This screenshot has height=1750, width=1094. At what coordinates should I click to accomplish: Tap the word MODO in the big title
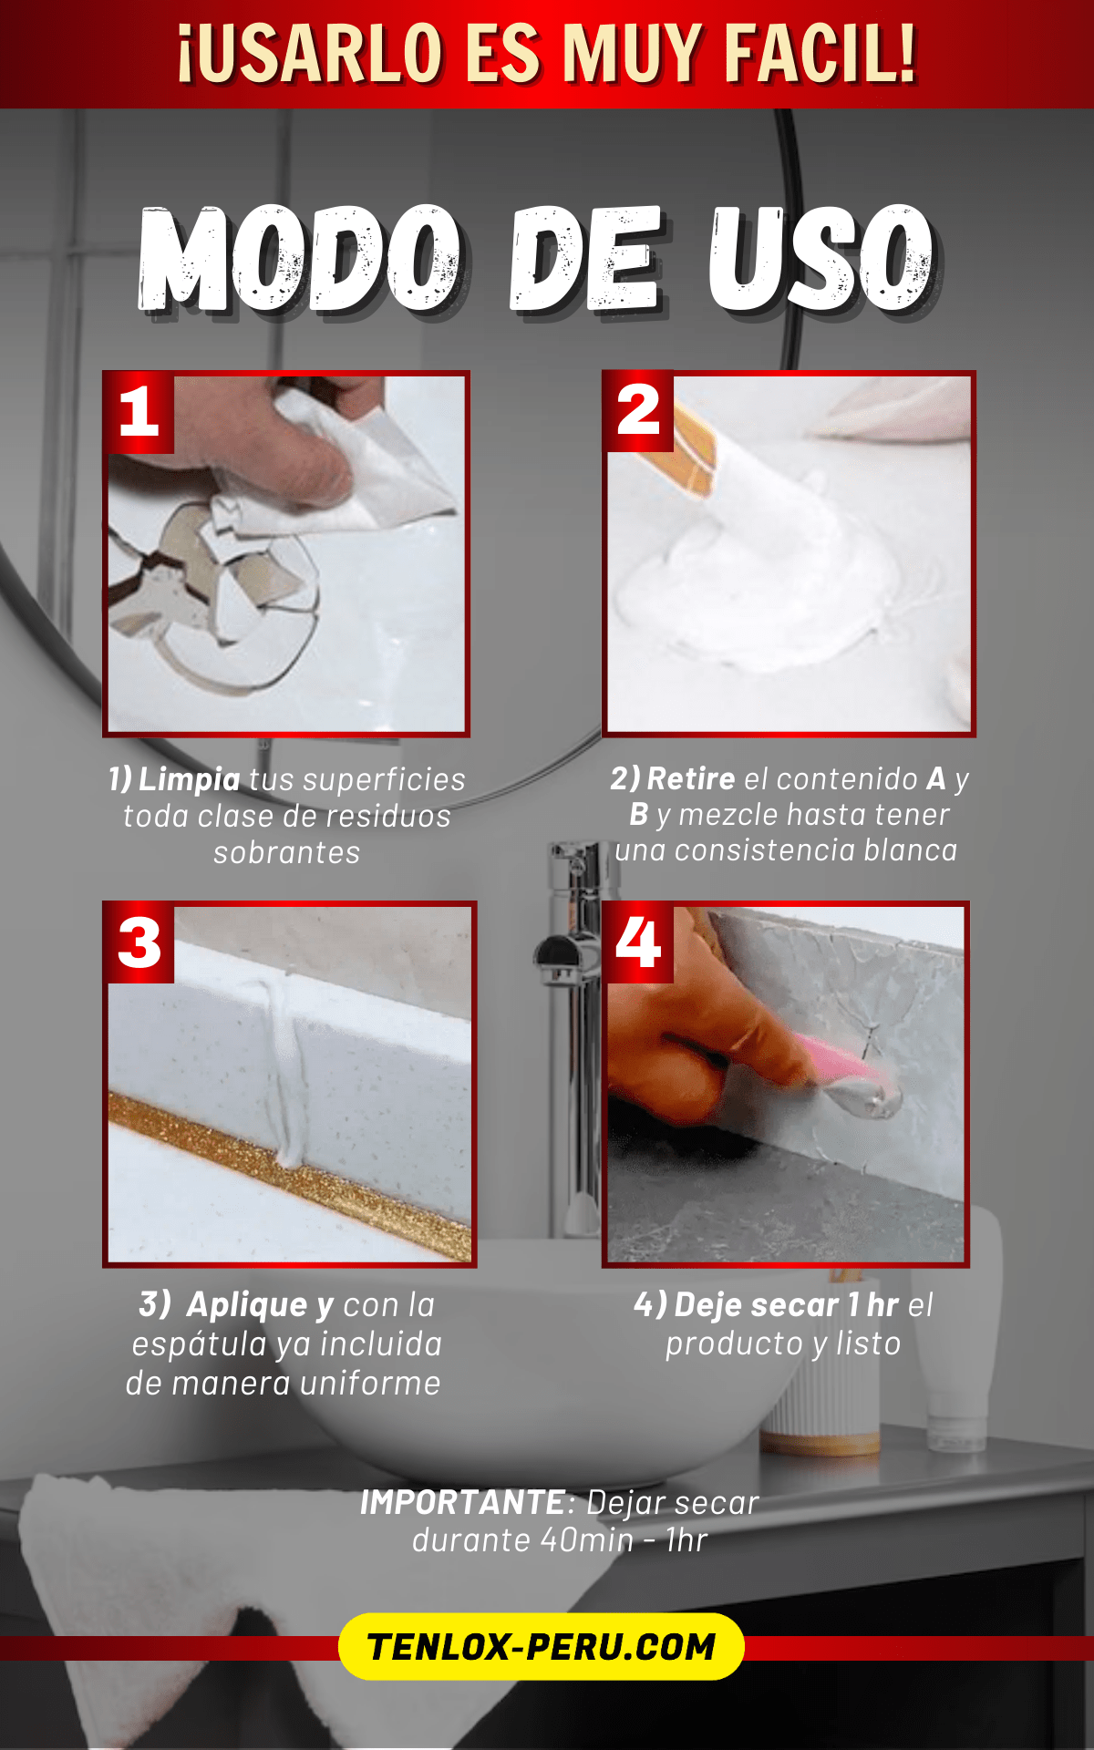click(x=301, y=258)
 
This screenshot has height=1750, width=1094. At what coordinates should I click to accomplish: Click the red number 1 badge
click(x=139, y=412)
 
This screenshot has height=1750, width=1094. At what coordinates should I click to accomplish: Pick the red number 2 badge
click(x=638, y=411)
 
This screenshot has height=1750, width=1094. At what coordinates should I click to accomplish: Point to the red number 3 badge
click(x=139, y=942)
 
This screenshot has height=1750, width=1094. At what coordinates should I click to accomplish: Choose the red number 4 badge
click(x=638, y=942)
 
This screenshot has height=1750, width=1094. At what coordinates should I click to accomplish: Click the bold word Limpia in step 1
click(x=190, y=779)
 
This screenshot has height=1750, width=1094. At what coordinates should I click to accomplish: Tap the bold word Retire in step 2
click(x=691, y=778)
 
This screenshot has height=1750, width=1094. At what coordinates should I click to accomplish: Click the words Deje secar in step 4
click(x=756, y=1304)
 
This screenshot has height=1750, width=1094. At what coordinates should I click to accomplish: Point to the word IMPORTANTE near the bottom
click(x=462, y=1502)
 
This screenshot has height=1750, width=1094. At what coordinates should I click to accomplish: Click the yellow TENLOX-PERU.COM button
click(x=542, y=1646)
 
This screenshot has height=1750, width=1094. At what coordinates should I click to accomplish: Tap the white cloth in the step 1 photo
click(x=365, y=474)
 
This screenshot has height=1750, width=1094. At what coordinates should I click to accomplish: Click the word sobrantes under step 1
click(x=287, y=852)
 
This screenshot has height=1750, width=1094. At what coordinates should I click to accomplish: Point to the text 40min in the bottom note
click(x=586, y=1540)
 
